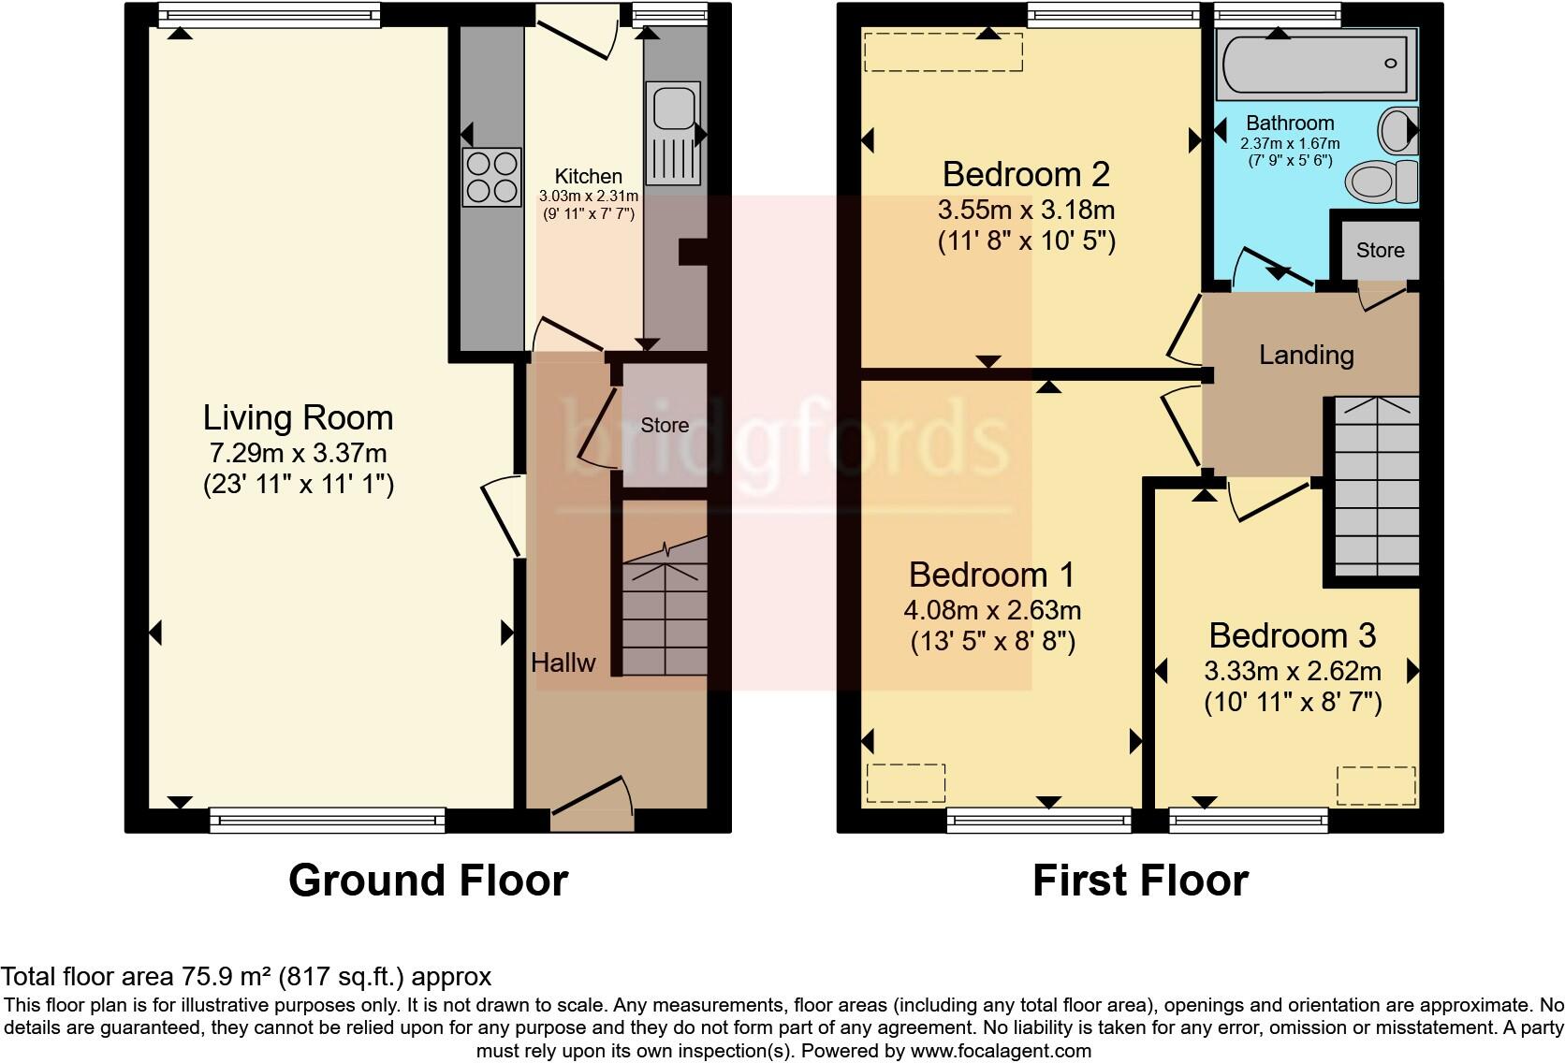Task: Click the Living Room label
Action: point(298,417)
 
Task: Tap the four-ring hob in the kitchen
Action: point(491,177)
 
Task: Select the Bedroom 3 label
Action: point(1292,635)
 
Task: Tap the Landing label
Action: point(1306,355)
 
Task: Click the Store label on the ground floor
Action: point(665,425)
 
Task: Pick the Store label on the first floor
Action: point(1380,250)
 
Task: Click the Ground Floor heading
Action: point(428,881)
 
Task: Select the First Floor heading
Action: point(1140,881)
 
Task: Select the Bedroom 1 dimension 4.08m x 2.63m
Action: point(992,610)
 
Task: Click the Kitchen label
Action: point(588,176)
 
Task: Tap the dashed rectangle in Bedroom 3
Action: point(1375,785)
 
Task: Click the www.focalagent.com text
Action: point(1001,1051)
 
